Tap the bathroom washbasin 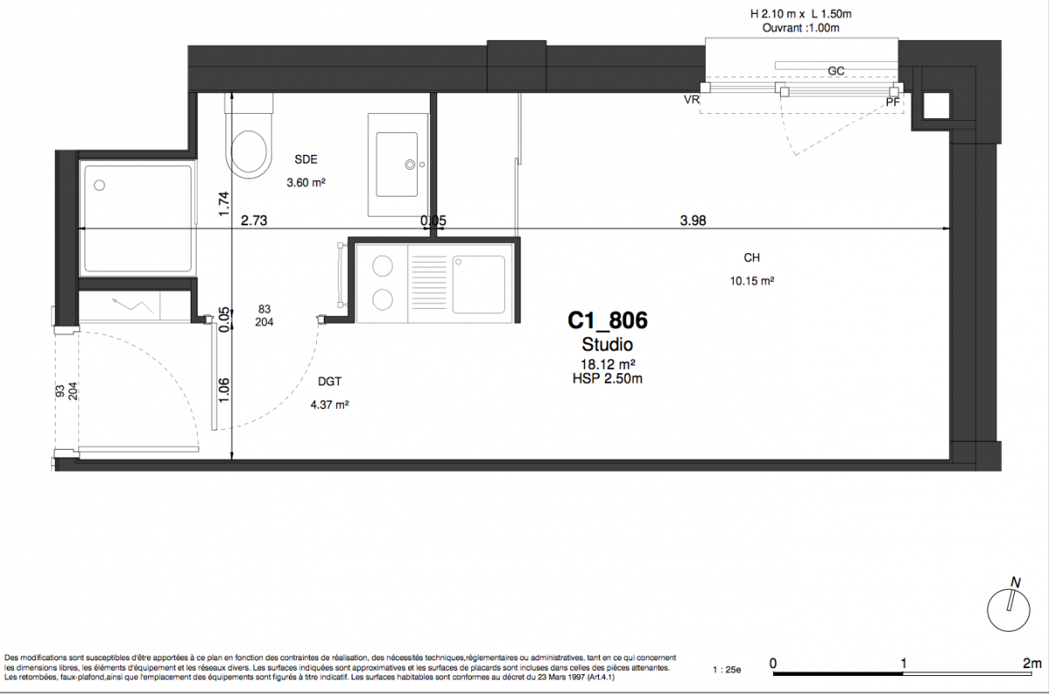pos(397,164)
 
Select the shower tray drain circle pos(99,185)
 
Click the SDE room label pos(306,159)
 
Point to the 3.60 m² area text pos(306,183)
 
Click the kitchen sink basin pos(479,284)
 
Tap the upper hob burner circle pos(383,266)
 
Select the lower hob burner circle pos(383,299)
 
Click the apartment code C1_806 pos(608,321)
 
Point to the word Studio pos(608,345)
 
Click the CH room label pos(751,258)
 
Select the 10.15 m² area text pos(751,281)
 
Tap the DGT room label pos(330,381)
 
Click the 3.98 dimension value pos(693,220)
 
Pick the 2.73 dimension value pos(254,220)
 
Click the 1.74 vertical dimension pos(224,204)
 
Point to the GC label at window pos(836,71)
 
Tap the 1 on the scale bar pos(904,664)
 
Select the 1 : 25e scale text pos(727,670)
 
